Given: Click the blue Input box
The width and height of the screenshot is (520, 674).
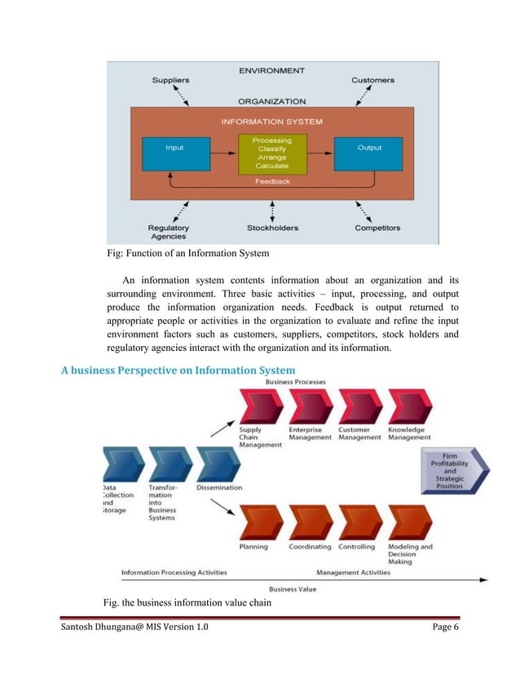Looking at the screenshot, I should (x=174, y=153).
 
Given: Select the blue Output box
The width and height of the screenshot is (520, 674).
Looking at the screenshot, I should (x=370, y=153).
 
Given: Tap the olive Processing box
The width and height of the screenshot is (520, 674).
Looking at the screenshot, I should (x=271, y=153).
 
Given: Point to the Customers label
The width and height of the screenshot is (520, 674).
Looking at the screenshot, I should (x=372, y=80).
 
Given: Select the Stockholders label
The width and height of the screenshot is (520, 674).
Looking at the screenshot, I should (x=271, y=228).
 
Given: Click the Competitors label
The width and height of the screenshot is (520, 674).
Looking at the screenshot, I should (x=376, y=228).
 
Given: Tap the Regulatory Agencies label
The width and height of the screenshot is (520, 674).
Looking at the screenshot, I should (x=169, y=232).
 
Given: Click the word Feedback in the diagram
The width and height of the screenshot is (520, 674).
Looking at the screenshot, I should (x=271, y=181).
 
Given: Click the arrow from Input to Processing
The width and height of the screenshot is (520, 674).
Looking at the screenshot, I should (x=222, y=153).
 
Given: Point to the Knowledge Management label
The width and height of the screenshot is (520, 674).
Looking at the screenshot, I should (x=411, y=433).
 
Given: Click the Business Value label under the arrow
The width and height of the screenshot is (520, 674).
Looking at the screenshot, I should (x=293, y=588).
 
